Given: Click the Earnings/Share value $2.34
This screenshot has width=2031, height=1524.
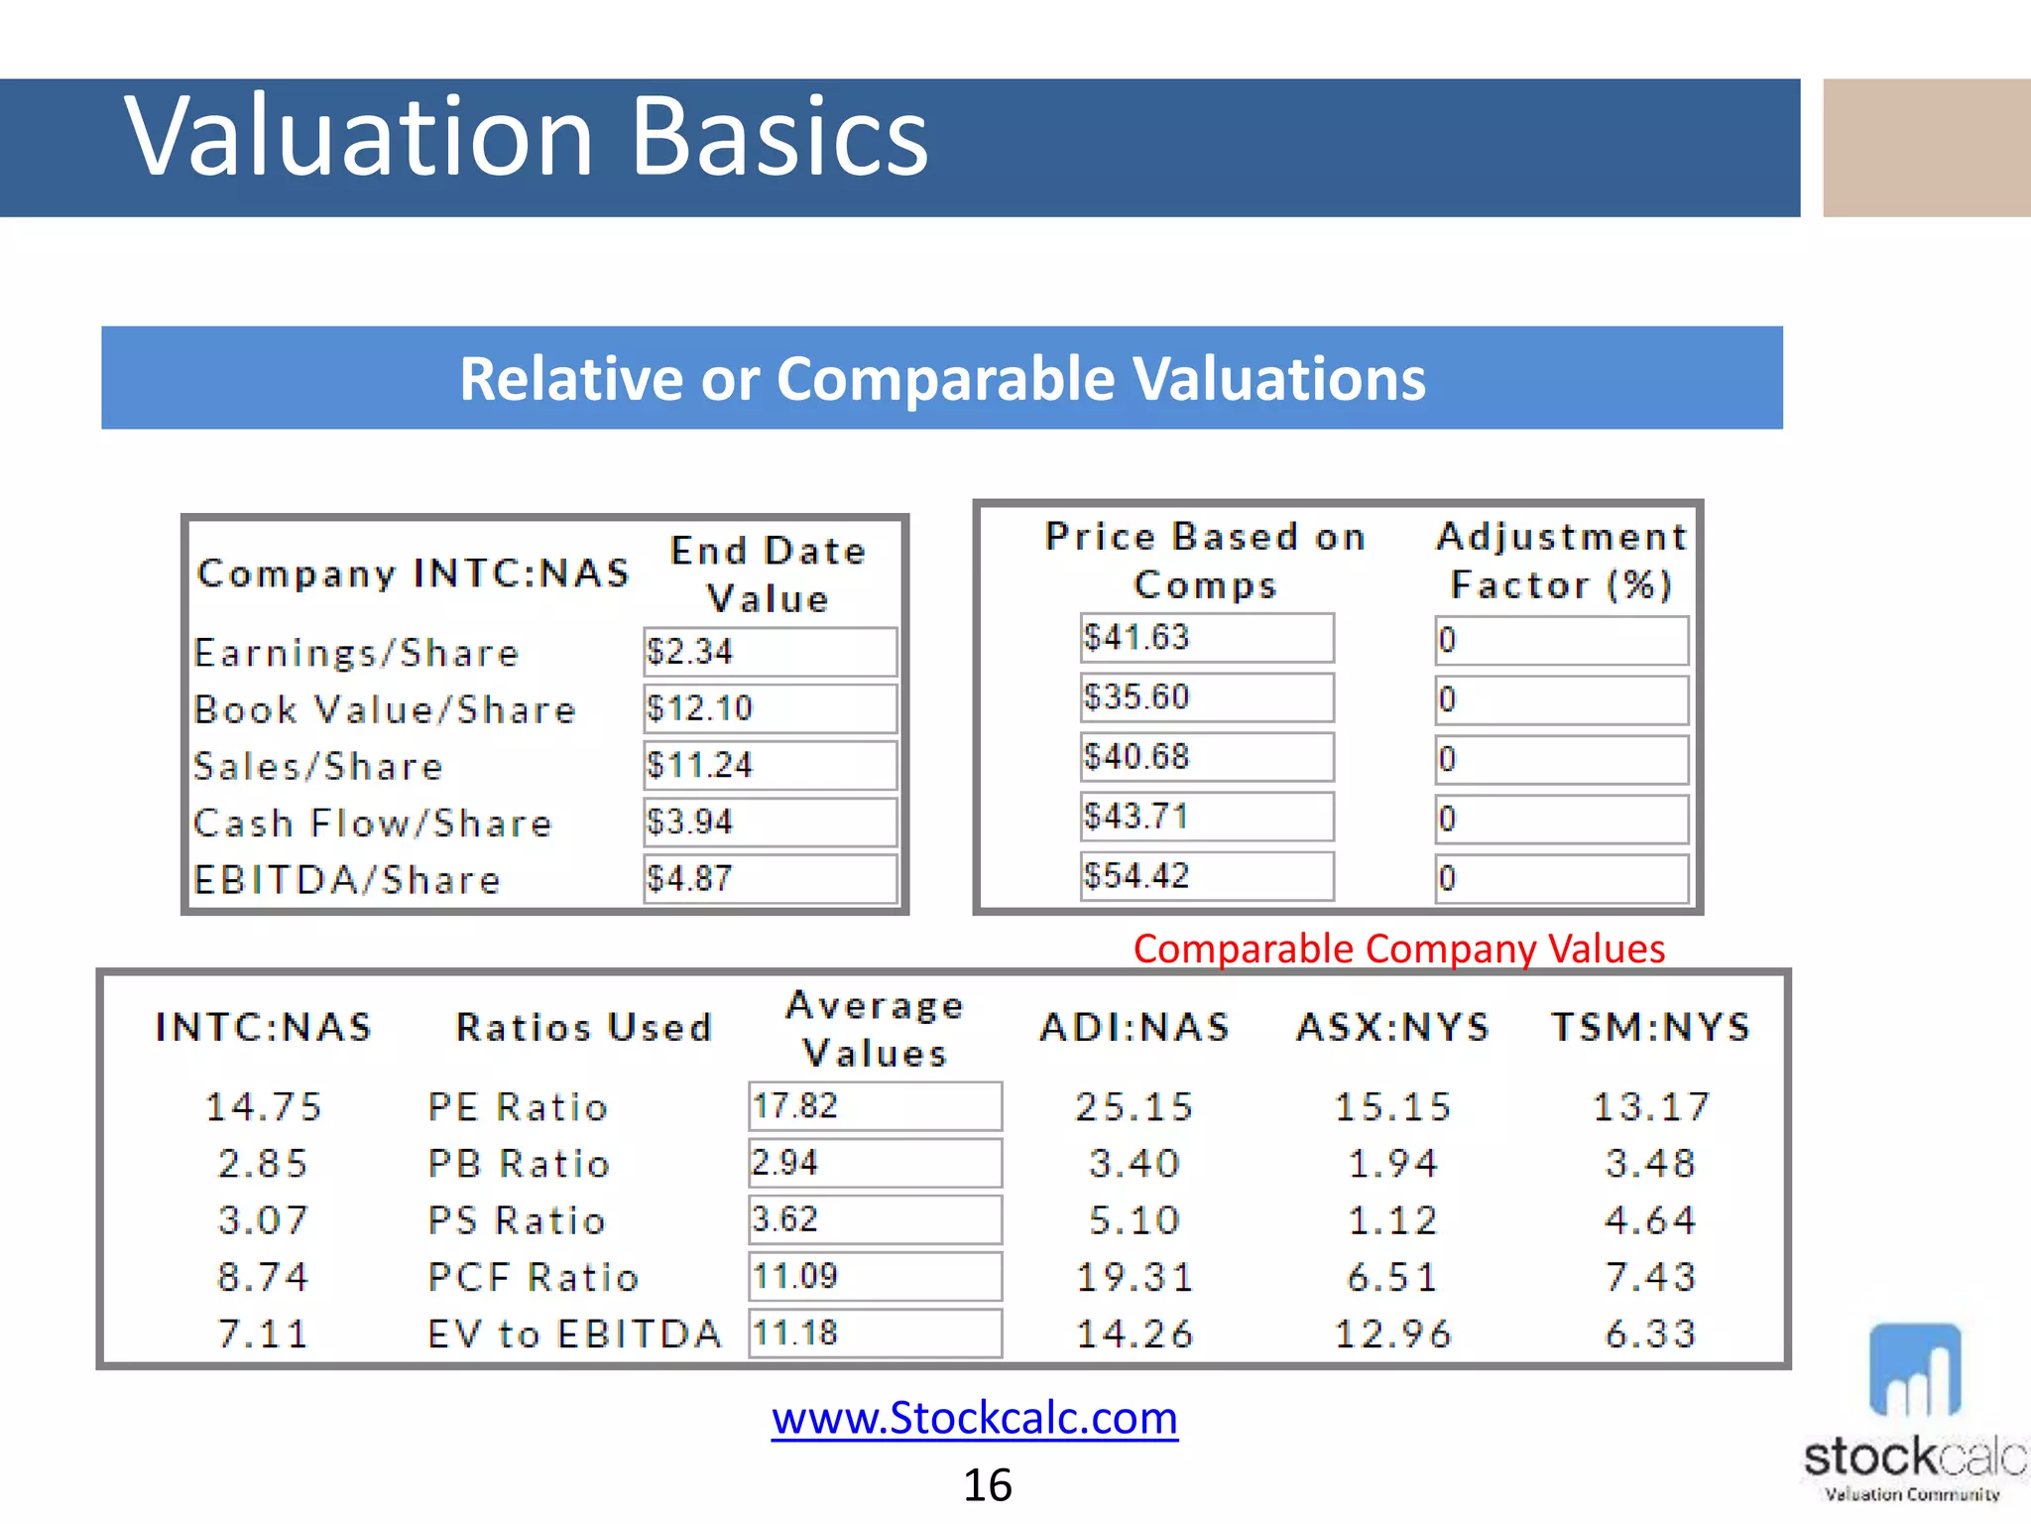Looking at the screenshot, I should (x=770, y=652).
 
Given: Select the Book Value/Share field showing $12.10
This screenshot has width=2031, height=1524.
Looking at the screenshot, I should (x=770, y=708).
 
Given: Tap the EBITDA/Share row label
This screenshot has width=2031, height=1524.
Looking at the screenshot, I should (x=347, y=880).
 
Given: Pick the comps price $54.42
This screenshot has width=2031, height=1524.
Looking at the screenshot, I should (x=1206, y=876).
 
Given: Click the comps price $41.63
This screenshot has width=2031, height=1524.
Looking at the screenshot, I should (x=1206, y=638).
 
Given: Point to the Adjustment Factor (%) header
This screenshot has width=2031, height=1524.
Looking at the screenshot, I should (x=1561, y=561).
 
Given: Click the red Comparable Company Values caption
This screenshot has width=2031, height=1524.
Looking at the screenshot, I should (x=1398, y=949).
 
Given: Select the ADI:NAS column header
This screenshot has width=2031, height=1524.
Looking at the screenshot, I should (x=1135, y=1027).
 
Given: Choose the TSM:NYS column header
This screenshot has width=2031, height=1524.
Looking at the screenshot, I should (x=1651, y=1027).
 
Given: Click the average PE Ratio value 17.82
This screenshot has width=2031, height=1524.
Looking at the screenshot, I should (x=875, y=1106).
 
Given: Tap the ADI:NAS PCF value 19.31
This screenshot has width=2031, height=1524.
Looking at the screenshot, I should (x=1135, y=1277).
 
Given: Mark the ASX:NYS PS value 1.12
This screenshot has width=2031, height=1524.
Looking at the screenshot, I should (x=1392, y=1220).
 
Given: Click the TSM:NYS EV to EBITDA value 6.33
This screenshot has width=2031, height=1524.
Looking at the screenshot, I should (x=1651, y=1333).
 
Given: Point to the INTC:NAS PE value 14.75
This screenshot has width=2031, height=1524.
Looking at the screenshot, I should (x=264, y=1107).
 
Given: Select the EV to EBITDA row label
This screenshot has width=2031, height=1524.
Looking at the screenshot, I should (x=574, y=1333).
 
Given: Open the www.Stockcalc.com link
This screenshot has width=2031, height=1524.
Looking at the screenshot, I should (x=975, y=1418).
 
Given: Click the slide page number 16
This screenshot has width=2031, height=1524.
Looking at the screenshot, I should (x=988, y=1485).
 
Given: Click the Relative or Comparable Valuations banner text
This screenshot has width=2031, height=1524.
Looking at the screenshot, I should (x=942, y=378).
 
